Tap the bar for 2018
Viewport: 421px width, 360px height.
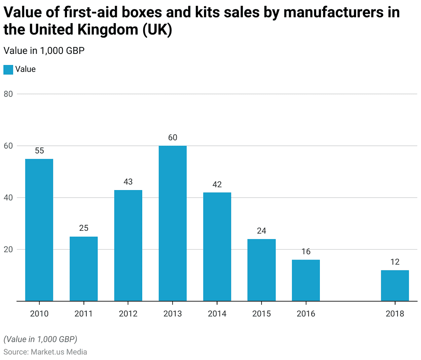pos(395,286)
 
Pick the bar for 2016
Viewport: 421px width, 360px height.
pos(306,280)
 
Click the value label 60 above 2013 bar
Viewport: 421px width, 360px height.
pos(173,137)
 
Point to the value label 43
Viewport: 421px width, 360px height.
pos(128,182)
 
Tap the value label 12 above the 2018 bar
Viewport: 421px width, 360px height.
pos(395,262)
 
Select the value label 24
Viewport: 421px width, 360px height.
pos(261,231)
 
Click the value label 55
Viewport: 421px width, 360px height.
pos(39,151)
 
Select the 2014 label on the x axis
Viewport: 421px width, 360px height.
pos(217,314)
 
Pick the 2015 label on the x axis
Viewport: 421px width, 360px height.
pos(261,314)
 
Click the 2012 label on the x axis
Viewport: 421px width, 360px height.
pos(128,314)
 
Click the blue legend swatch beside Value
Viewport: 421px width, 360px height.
pos(8,70)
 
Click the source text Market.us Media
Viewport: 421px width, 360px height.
pos(58,352)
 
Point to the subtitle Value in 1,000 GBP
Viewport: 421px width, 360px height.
pos(44,51)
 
